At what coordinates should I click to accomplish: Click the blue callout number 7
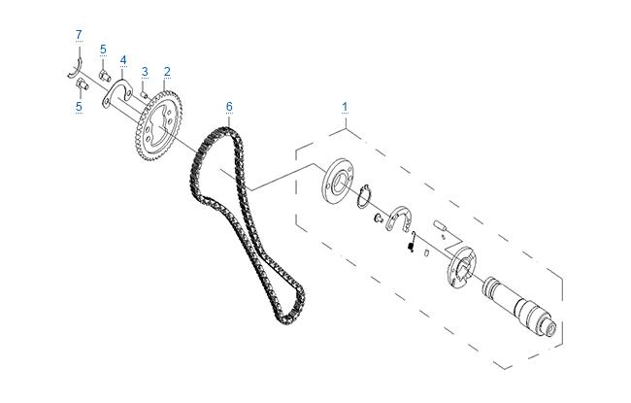(79, 35)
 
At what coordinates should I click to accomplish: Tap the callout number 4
(123, 60)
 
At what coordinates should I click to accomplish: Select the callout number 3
(145, 72)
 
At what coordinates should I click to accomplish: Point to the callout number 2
(167, 72)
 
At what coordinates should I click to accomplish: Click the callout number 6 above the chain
(229, 107)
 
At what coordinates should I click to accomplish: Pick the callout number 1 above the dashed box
(345, 107)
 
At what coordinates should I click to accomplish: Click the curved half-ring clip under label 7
(75, 68)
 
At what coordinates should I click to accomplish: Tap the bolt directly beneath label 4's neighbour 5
(105, 76)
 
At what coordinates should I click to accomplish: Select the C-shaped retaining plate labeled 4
(116, 94)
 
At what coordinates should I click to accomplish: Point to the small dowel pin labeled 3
(144, 94)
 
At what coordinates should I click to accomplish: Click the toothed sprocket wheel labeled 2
(158, 126)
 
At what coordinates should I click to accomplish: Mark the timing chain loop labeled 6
(247, 225)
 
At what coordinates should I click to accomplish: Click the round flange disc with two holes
(339, 182)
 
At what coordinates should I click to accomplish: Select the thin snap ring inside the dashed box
(364, 196)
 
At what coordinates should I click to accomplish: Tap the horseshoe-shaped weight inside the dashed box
(399, 219)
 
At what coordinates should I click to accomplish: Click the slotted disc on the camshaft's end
(461, 267)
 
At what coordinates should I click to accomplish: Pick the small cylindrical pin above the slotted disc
(441, 226)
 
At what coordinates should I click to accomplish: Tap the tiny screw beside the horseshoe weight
(378, 218)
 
